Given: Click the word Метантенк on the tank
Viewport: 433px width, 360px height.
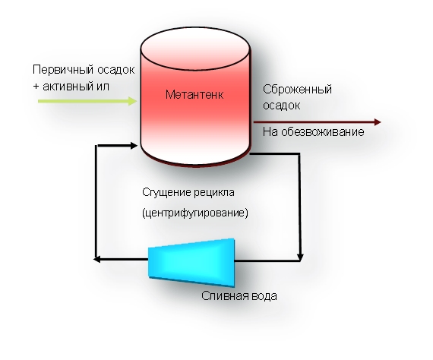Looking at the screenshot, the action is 194,95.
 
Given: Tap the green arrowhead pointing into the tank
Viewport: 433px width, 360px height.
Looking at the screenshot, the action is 132,101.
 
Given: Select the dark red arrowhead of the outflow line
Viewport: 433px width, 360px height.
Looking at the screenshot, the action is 378,122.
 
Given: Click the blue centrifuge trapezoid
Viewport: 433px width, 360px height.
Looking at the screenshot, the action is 191,263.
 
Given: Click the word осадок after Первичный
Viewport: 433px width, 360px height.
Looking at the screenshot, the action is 116,70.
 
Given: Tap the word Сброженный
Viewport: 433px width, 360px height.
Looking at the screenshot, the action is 297,90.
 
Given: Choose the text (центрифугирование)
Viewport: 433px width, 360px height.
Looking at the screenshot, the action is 195,213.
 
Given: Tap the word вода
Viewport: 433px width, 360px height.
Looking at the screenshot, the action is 264,296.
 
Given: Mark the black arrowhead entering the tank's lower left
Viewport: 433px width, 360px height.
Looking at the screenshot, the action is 134,146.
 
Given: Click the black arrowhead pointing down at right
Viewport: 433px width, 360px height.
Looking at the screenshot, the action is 300,257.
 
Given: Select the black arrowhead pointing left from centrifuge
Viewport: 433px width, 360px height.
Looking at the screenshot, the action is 97,259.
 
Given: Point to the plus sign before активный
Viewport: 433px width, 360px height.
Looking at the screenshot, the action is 36,87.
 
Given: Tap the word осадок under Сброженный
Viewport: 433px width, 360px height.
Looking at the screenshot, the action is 281,106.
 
